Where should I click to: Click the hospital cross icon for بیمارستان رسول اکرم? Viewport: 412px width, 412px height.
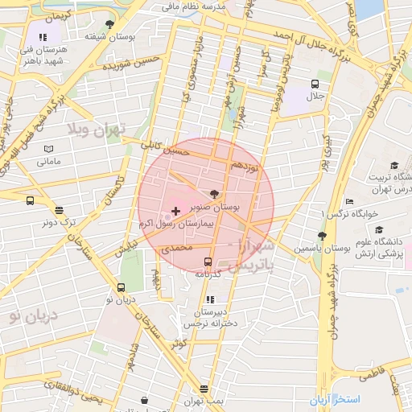tap(176, 210)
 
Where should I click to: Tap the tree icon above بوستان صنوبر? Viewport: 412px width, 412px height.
tap(213, 194)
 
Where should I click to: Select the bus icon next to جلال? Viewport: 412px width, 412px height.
tap(314, 83)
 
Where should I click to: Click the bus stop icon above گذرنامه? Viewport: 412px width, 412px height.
tap(208, 262)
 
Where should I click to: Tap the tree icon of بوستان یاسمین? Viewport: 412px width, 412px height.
tap(323, 236)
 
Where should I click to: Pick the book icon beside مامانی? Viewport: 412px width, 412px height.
tap(48, 150)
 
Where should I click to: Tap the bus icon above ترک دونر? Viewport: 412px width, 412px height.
tap(30, 201)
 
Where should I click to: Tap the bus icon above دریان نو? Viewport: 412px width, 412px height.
tap(121, 287)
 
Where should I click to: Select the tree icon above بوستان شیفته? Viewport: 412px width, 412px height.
tap(109, 24)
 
